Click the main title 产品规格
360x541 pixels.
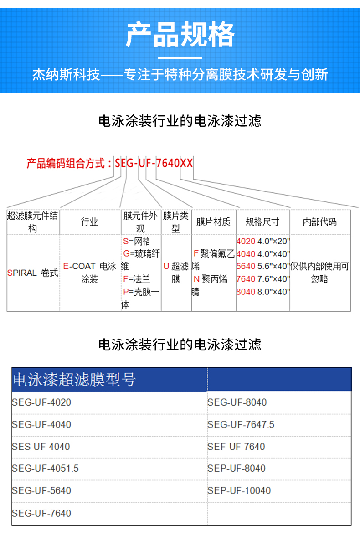(180, 35)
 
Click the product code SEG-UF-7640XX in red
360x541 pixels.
(154, 163)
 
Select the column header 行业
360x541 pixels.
(90, 222)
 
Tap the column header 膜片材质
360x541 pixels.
(213, 222)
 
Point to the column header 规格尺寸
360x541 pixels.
(262, 222)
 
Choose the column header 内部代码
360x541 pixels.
(319, 222)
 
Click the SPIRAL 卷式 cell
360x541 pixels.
(32, 273)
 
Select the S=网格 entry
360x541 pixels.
(137, 241)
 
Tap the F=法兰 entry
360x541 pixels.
(137, 279)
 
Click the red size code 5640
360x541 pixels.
(246, 266)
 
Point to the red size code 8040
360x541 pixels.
(246, 292)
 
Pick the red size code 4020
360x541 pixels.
(246, 241)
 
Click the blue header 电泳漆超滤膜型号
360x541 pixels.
(74, 380)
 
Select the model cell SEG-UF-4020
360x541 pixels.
(41, 402)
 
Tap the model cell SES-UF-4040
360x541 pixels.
(41, 447)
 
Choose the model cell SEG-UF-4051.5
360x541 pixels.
(45, 469)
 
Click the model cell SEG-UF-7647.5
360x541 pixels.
(241, 425)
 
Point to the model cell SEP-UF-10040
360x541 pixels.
(239, 490)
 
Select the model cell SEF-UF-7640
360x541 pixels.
(236, 447)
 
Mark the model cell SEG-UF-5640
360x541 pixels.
(41, 490)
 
